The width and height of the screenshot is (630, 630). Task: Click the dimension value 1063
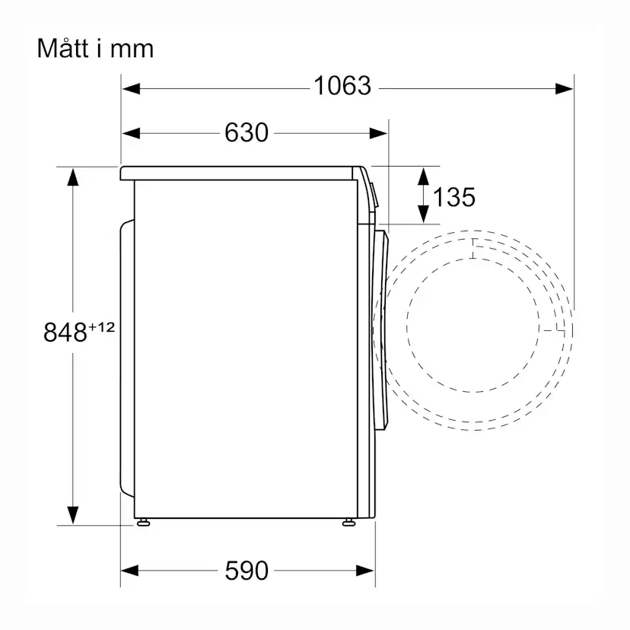click(x=342, y=87)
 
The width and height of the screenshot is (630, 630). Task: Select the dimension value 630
click(x=247, y=133)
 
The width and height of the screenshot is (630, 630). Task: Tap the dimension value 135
click(x=454, y=197)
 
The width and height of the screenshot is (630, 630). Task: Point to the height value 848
click(x=65, y=332)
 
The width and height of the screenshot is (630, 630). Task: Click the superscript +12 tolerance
click(x=101, y=326)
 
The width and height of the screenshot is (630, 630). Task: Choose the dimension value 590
click(x=247, y=570)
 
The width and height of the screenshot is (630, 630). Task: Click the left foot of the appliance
click(x=142, y=522)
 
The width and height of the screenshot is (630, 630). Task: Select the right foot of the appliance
click(x=348, y=522)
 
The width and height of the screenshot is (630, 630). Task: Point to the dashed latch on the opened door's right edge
click(x=562, y=329)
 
